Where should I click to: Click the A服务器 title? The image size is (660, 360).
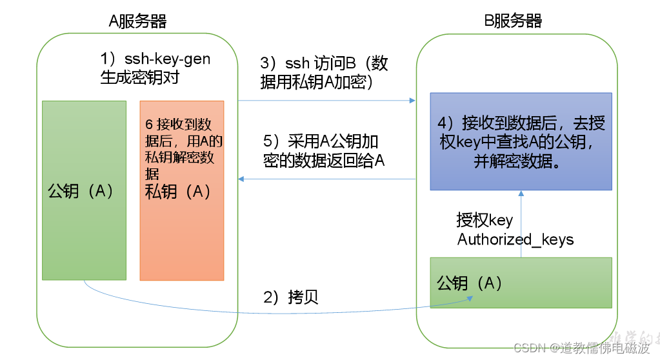pyautogui.click(x=137, y=21)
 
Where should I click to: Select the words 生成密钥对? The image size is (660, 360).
pyautogui.click(x=139, y=77)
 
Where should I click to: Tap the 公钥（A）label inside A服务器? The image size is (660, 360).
pyautogui.click(x=81, y=191)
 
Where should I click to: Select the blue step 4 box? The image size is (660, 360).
pyautogui.click(x=521, y=141)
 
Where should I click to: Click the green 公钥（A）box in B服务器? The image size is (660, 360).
pyautogui.click(x=521, y=283)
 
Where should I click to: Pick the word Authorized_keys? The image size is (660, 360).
pyautogui.click(x=515, y=239)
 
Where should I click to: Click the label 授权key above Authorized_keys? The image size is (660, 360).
pyautogui.click(x=485, y=220)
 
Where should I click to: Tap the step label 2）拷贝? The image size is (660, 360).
pyautogui.click(x=291, y=297)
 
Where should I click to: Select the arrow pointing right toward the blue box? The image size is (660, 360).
pyautogui.click(x=326, y=101)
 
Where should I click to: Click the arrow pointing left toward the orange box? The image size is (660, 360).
pyautogui.click(x=326, y=179)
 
